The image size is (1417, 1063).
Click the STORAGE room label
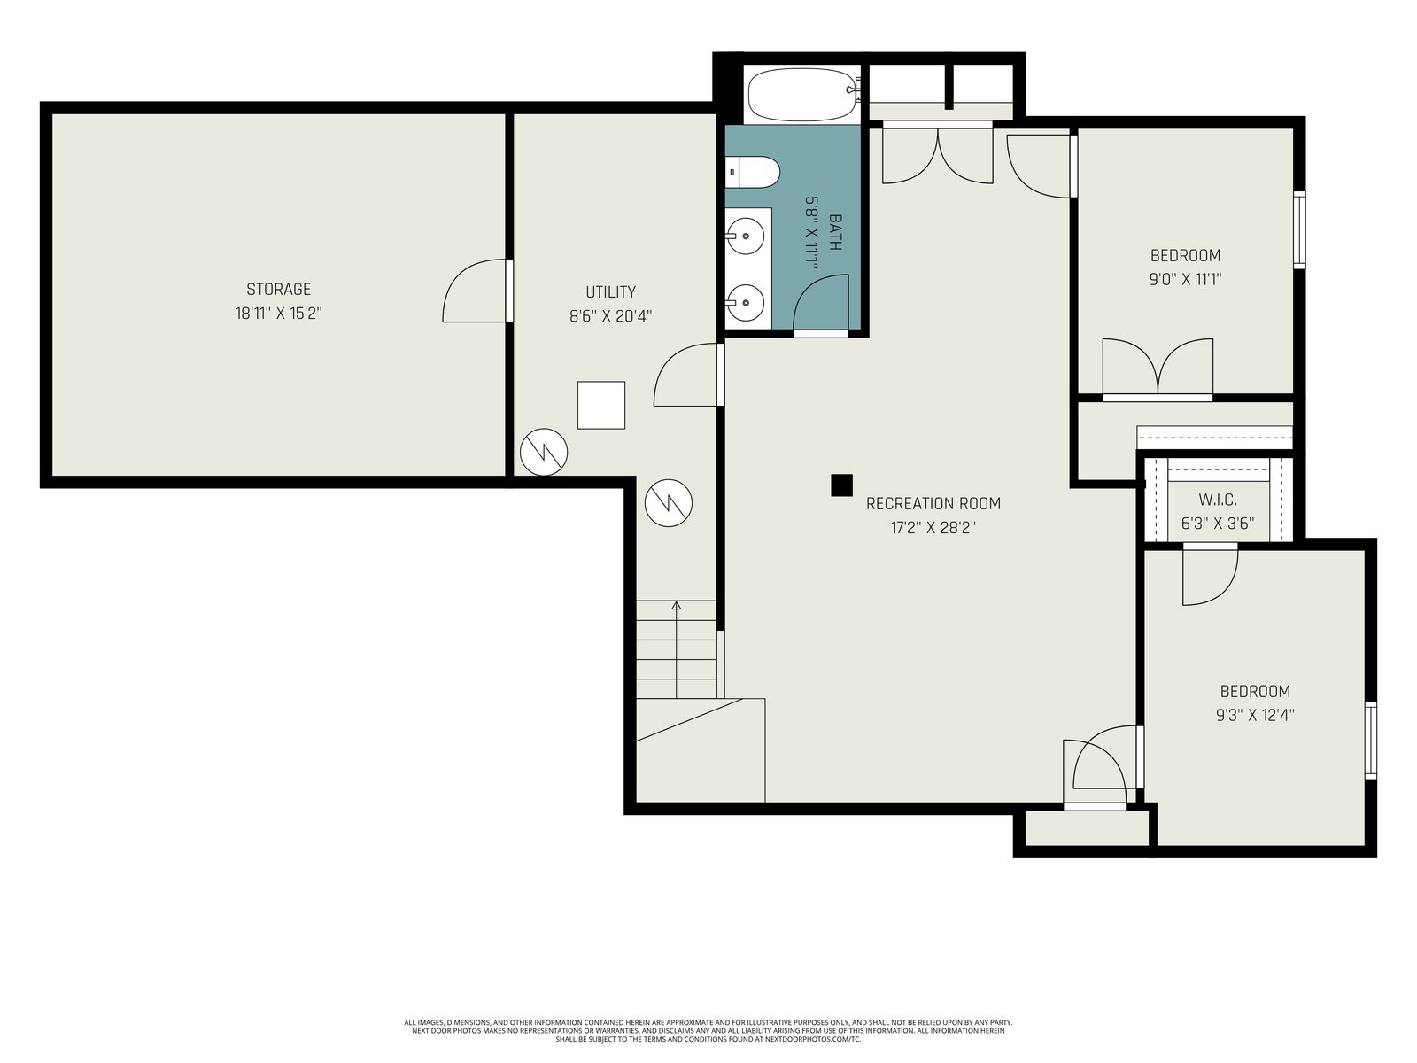278,289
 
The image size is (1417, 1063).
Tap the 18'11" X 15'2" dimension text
278,313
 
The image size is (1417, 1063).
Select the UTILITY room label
610,291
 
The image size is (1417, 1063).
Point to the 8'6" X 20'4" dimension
610,316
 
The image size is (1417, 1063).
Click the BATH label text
835,232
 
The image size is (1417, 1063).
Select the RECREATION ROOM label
933,503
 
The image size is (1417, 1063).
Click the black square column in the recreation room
841,485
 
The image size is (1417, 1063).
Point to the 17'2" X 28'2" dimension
933,528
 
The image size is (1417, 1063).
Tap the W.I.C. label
1218,500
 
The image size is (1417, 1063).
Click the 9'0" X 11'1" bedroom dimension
1185,279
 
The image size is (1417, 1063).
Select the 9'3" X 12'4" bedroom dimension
1255,715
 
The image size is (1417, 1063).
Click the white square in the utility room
601,406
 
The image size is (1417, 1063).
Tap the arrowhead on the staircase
676,605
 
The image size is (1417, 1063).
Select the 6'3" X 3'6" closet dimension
1218,524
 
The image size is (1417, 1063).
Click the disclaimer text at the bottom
708,1030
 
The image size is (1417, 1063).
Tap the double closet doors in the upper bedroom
1158,367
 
